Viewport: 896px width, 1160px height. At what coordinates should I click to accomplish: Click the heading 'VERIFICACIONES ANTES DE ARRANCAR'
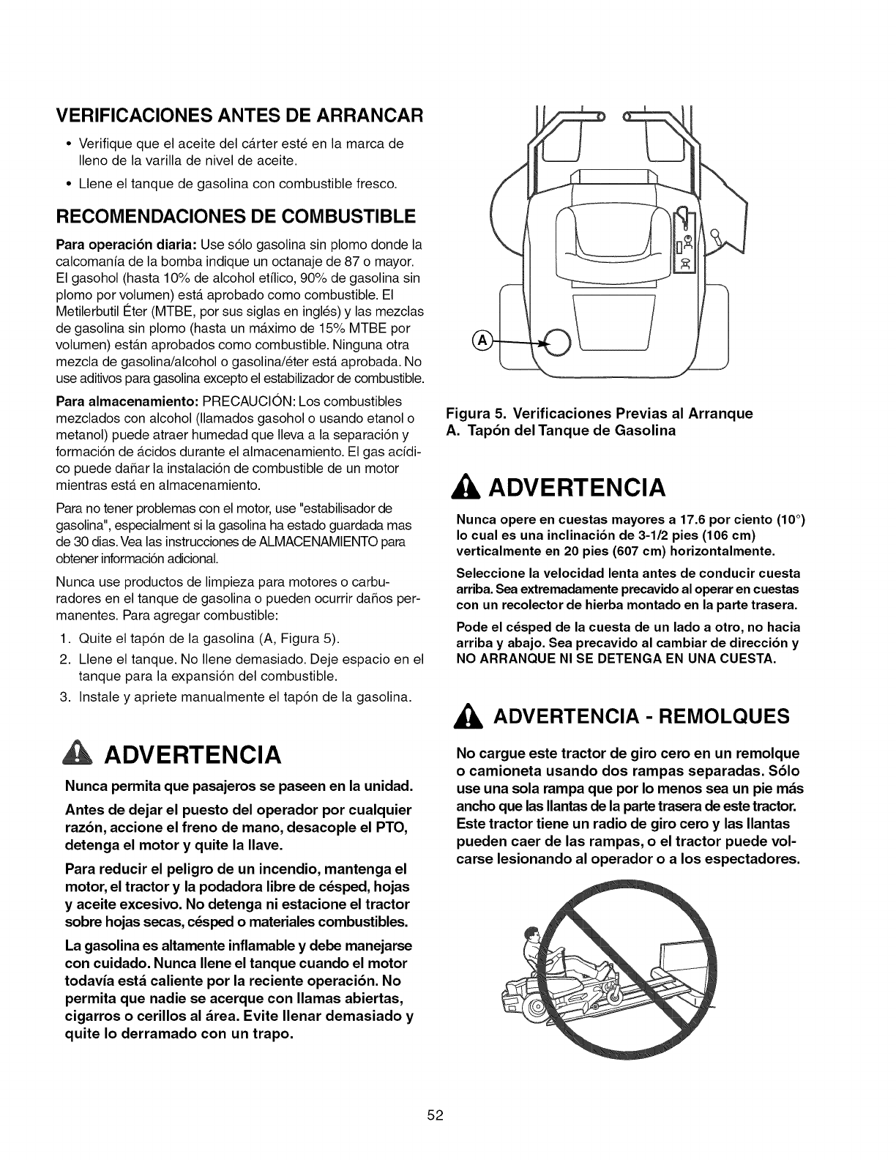tap(241, 116)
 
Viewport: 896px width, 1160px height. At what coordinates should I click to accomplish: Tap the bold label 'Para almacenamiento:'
tap(127, 402)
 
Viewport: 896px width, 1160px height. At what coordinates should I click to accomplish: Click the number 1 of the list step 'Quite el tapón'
tap(64, 636)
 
